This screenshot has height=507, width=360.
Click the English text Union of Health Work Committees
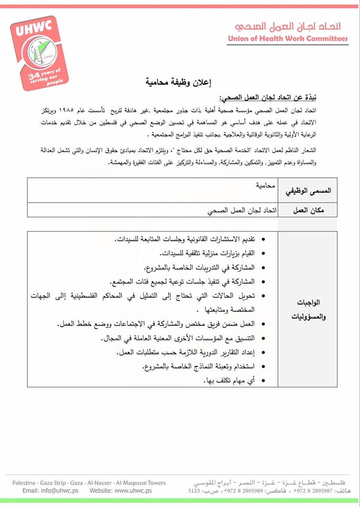coord(288,39)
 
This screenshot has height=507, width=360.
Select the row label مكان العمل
coord(308,210)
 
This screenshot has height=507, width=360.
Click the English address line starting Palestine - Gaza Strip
coord(89,483)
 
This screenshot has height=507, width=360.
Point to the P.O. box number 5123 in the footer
coord(195,491)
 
